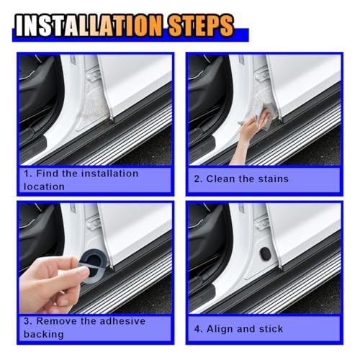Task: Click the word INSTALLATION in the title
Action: pyautogui.click(x=89, y=25)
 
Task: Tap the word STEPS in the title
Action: pyautogui.click(x=201, y=25)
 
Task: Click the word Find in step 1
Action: pyautogui.click(x=47, y=174)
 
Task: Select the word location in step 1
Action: pyautogui.click(x=44, y=186)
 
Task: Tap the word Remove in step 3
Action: pyautogui.click(x=57, y=321)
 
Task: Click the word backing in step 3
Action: pyautogui.click(x=44, y=334)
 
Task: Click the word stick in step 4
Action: pyautogui.click(x=271, y=329)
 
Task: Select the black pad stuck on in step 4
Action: pyautogui.click(x=265, y=253)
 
